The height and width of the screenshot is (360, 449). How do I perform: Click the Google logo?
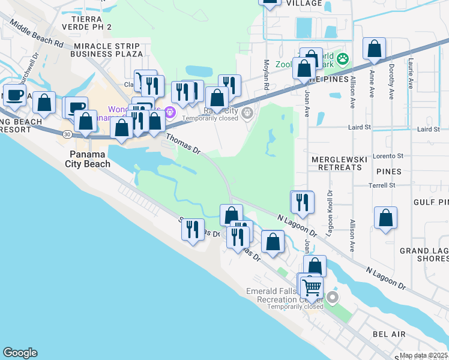coord(20,353)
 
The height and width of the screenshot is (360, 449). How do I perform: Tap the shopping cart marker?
coord(312,287)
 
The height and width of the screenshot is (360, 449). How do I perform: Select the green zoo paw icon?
coord(343,59)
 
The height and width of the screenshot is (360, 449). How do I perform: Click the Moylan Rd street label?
coord(266,75)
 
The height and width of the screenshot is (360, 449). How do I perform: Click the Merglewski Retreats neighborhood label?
coord(336,163)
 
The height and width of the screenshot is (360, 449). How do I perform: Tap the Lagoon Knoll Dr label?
coord(329,213)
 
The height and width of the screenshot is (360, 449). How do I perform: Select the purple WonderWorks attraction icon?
coord(170,111)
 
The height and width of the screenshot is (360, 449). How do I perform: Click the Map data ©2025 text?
coord(423,355)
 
